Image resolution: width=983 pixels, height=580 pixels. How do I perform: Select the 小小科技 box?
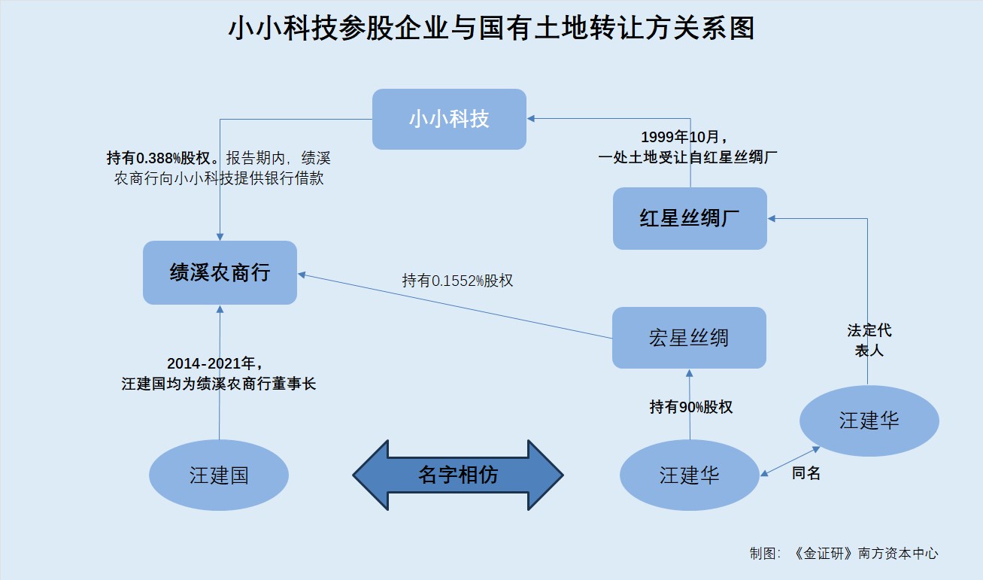click(x=449, y=119)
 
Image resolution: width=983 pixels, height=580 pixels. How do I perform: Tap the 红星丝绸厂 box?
click(x=690, y=218)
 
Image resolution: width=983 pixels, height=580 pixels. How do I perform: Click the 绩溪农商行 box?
click(x=220, y=272)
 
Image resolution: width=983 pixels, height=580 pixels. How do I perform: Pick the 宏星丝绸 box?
click(x=689, y=338)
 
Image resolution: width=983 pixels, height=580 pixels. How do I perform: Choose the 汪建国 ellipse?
click(x=219, y=475)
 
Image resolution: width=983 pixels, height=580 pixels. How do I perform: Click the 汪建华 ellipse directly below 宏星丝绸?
click(x=690, y=475)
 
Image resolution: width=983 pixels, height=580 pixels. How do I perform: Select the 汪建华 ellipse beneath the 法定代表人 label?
click(x=869, y=421)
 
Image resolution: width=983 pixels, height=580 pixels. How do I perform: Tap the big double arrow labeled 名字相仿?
click(x=457, y=475)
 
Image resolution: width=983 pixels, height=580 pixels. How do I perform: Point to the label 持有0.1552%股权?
click(x=457, y=281)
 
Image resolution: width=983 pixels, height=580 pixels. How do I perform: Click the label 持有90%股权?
click(x=690, y=407)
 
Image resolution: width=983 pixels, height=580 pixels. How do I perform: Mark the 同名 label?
click(x=806, y=473)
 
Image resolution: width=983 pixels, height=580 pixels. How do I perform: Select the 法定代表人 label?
click(x=869, y=340)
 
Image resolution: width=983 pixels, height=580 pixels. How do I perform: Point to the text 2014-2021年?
click(x=218, y=363)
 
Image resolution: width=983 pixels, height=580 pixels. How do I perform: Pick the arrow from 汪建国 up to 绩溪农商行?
click(x=220, y=376)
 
